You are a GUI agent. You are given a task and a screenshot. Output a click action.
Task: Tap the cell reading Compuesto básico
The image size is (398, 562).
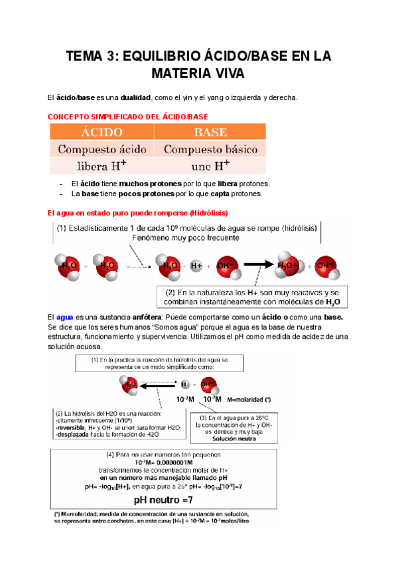[x=210, y=149]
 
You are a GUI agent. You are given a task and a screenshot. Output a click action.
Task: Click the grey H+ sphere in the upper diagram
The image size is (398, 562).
[x=196, y=265]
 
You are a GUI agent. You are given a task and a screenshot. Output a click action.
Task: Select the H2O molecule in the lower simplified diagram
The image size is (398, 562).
[x=130, y=382]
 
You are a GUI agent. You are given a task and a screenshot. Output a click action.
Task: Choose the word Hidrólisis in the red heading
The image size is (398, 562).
[x=208, y=213]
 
